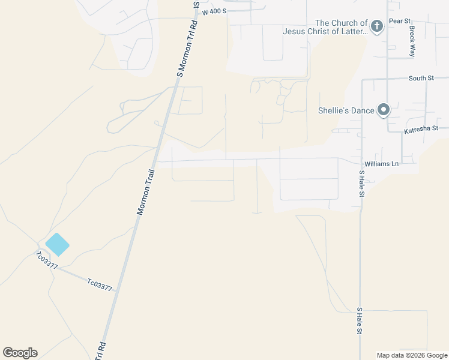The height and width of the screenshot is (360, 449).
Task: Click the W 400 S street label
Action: point(214,12)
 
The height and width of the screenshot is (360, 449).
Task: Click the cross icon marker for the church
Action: point(376,26)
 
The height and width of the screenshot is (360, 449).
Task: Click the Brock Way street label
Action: point(412,41)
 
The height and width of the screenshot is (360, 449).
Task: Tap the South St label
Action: point(421,78)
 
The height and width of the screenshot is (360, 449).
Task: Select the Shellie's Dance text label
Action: point(346,110)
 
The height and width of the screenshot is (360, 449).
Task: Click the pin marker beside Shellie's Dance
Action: point(384,110)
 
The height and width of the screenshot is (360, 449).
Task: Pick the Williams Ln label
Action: point(381,163)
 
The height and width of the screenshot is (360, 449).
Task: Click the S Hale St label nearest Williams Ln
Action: point(361,184)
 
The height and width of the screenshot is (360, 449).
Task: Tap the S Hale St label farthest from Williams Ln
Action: point(359,321)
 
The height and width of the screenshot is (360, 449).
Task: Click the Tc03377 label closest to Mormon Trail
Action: point(100,284)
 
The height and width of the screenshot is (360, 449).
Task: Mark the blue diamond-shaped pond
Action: point(57,244)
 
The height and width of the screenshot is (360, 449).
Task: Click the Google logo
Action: point(20,353)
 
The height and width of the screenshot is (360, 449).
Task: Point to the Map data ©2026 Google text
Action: point(412,355)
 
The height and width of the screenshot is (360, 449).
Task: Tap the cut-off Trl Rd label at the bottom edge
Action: point(101,351)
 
